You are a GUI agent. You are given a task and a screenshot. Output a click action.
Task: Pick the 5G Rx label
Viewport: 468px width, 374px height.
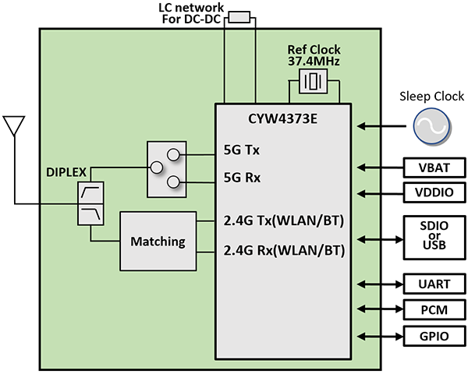tap(243, 178)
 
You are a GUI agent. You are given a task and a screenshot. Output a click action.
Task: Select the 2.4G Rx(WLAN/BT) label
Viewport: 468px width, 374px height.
tap(283, 251)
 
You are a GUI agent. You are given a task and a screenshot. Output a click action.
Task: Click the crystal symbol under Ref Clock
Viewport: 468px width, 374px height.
tap(314, 81)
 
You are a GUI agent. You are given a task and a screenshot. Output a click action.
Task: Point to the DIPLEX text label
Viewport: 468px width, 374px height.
tap(66, 169)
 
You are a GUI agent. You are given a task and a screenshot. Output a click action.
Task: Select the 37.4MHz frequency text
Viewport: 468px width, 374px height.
tap(314, 61)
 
